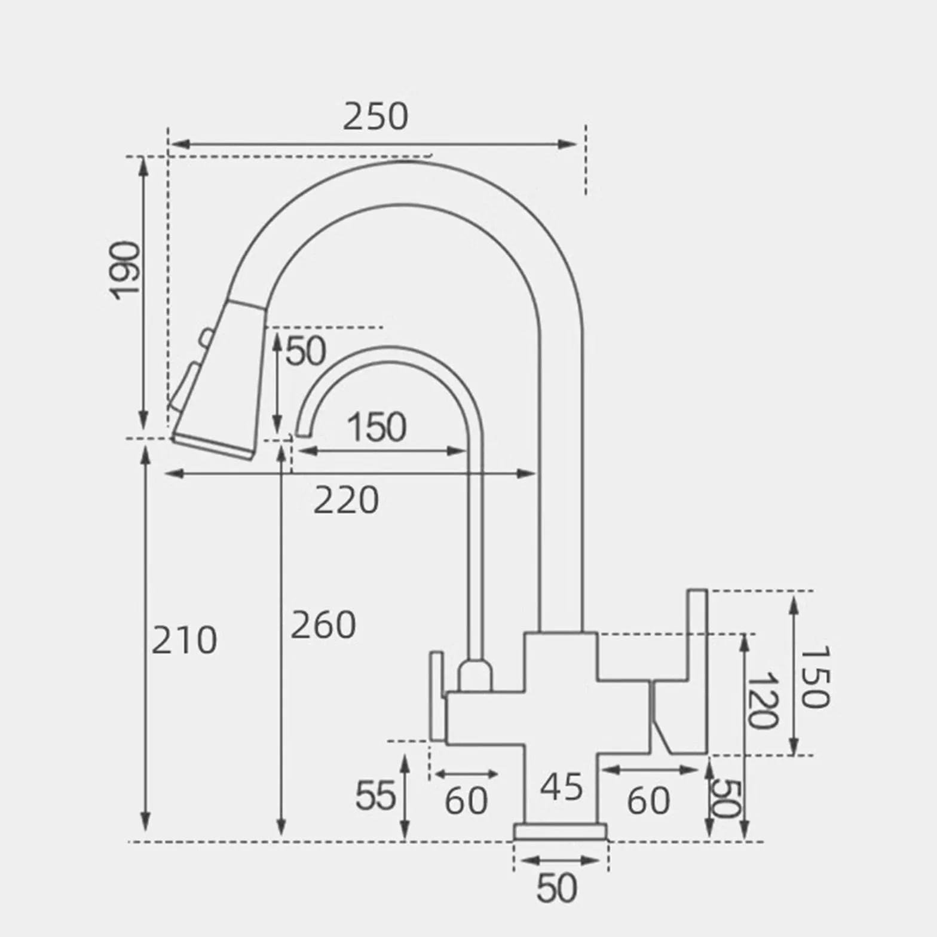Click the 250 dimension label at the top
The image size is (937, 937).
point(375,117)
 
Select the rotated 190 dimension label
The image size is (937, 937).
point(125,270)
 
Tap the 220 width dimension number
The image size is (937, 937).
point(346,500)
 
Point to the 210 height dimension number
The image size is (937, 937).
point(184,641)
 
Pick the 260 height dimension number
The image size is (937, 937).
point(323,625)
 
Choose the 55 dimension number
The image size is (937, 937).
point(376,796)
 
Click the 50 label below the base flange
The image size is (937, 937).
point(557,889)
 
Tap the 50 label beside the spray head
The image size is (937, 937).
point(306,351)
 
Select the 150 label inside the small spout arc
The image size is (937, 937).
point(376,427)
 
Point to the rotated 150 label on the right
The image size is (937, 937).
point(814,676)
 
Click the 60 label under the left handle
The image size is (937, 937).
point(467,801)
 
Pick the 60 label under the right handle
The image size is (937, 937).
point(648,801)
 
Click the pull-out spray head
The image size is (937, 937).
point(218,379)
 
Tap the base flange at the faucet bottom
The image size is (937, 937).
point(561,832)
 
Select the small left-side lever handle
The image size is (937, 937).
point(437,696)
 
